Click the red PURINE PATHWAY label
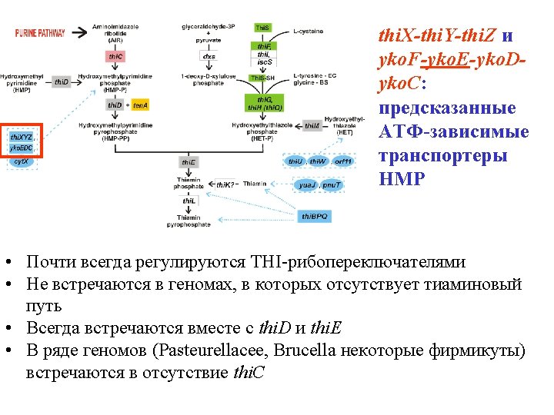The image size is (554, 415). coord(40,33)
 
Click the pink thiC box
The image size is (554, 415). coord(115,56)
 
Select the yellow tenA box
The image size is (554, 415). coord(139,105)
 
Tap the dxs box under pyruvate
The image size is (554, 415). coord(209,56)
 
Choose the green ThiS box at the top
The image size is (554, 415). coord(263,28)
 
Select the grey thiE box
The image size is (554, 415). coord(189,162)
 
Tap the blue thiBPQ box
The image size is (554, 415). coord(315,217)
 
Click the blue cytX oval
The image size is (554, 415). coord(22,161)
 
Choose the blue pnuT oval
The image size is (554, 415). coord(332,185)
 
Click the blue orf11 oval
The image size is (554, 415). coord(343,162)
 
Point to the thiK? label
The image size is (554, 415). coord(224,185)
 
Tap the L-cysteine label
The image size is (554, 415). coord(309,31)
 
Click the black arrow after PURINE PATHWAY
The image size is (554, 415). coord(80,33)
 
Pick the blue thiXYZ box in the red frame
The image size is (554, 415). coord(21,136)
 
